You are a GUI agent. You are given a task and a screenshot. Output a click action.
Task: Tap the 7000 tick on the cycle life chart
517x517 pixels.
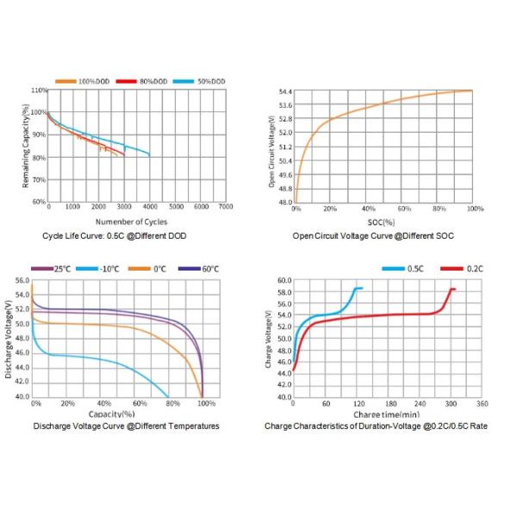tap(226, 208)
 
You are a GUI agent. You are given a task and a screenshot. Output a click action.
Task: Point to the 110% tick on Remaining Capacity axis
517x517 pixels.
tap(39, 90)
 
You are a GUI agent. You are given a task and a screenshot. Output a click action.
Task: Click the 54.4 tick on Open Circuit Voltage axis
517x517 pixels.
tap(285, 90)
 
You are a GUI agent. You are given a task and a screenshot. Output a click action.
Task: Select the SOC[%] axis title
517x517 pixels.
tap(383, 222)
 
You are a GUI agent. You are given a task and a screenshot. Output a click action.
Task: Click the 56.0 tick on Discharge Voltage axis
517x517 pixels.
tap(22, 280)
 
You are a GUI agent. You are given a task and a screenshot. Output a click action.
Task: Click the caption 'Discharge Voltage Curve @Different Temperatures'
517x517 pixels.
tap(126, 426)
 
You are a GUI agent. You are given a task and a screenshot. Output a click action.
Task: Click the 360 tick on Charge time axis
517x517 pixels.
tap(482, 403)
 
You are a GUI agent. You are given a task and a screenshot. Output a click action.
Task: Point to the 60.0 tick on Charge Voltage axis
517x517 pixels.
tap(285, 280)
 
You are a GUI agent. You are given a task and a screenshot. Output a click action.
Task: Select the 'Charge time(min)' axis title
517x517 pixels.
tap(384, 414)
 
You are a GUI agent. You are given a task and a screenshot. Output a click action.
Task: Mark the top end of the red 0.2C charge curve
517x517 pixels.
tap(453, 290)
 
